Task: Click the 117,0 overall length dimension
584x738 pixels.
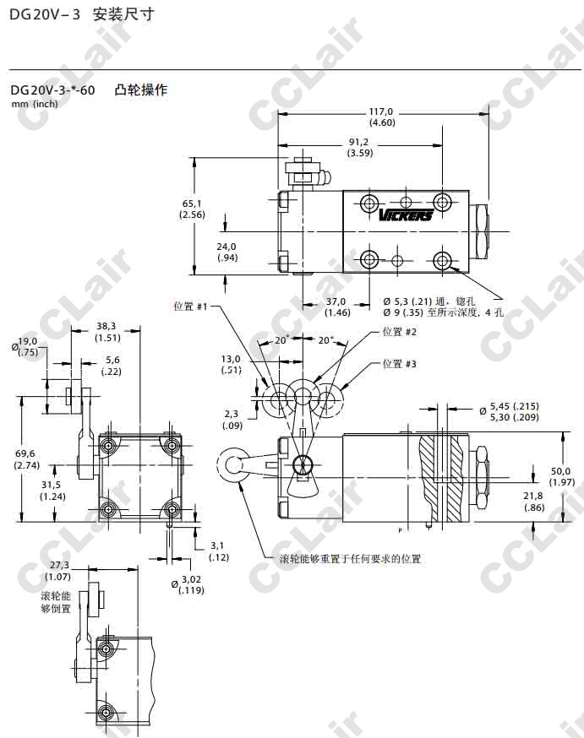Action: [x=382, y=117]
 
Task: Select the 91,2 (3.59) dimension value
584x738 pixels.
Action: [x=359, y=148]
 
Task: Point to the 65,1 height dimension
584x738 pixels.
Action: [x=192, y=209]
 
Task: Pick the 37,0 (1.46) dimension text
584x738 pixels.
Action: [x=336, y=307]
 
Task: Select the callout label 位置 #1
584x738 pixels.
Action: [x=190, y=307]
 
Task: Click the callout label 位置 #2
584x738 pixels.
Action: [x=400, y=332]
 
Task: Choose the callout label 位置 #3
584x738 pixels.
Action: [x=400, y=364]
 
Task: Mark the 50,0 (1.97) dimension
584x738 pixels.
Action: [x=559, y=476]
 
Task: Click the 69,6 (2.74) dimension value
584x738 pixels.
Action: [x=27, y=459]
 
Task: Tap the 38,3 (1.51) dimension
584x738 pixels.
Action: [x=107, y=331]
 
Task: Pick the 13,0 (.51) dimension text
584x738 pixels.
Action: [x=231, y=364]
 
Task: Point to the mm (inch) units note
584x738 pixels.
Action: [x=35, y=104]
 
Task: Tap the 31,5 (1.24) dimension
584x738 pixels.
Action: [x=52, y=490]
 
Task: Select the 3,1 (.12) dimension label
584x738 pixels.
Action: [x=219, y=551]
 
